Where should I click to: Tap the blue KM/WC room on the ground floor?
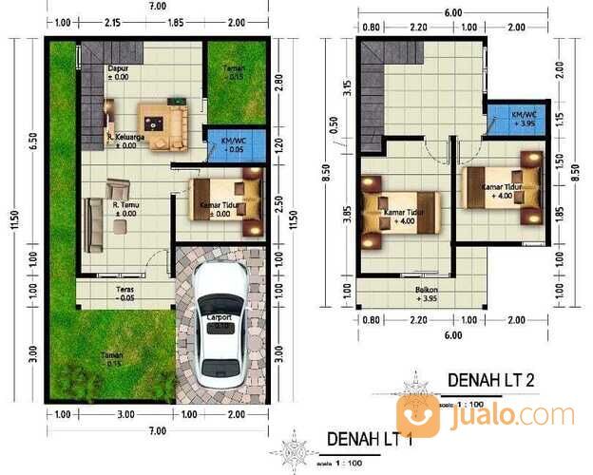pos(231,145)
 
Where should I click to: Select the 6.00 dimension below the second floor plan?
pos(451,335)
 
